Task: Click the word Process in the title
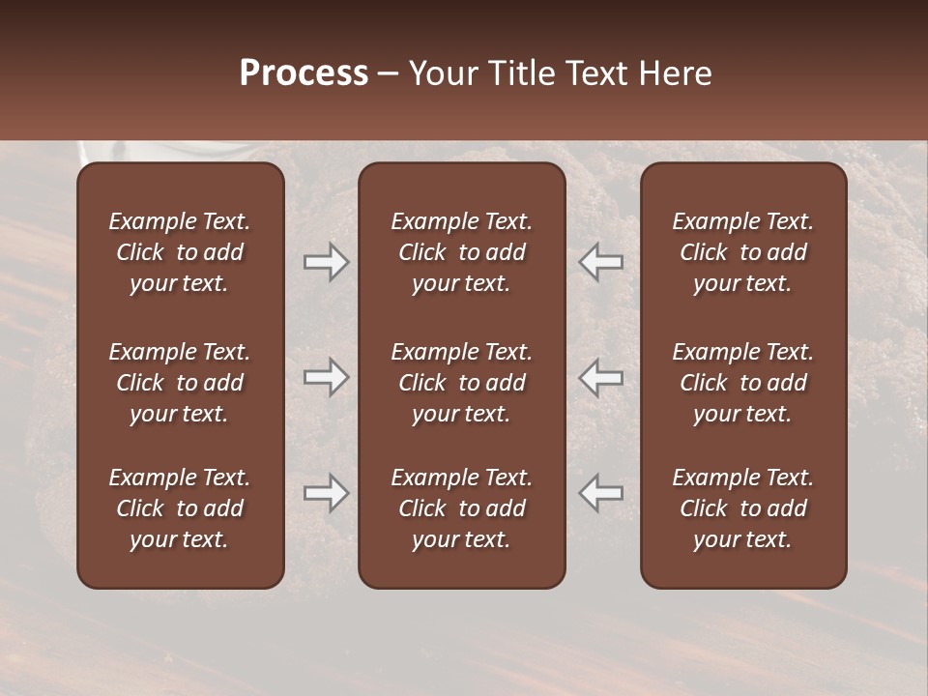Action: [x=304, y=73]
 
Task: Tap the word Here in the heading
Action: [x=674, y=73]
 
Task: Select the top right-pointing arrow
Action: [x=327, y=262]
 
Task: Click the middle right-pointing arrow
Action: [x=327, y=377]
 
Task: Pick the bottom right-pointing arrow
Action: [x=327, y=493]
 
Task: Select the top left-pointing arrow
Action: [x=600, y=262]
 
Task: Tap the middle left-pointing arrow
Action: [x=600, y=377]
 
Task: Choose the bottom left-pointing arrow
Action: [x=600, y=493]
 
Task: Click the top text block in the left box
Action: [x=180, y=252]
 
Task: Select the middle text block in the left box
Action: [x=180, y=383]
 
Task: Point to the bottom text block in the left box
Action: [x=180, y=508]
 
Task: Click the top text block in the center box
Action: [x=461, y=252]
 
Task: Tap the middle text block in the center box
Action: [x=461, y=383]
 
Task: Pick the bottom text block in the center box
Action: [x=461, y=508]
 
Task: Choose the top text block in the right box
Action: [x=742, y=252]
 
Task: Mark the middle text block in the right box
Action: [x=742, y=383]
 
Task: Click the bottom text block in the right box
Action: [x=742, y=508]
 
